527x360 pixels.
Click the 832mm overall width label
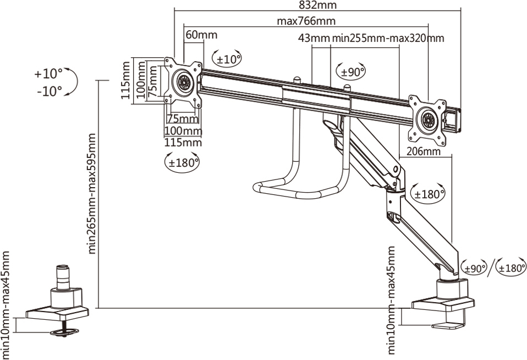tap(317, 5)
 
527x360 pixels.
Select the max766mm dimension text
tap(306, 21)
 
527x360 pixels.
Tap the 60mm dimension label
tap(201, 35)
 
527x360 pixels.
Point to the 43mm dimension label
tap(314, 39)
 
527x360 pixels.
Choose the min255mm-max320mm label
tap(388, 39)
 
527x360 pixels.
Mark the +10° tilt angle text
tap(48, 74)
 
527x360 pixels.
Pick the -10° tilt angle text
tap(50, 91)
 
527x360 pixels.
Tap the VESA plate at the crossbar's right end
tap(427, 119)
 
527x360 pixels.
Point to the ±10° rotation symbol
tap(227, 58)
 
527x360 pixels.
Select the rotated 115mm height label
tap(126, 80)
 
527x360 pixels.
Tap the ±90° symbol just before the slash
tap(475, 268)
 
